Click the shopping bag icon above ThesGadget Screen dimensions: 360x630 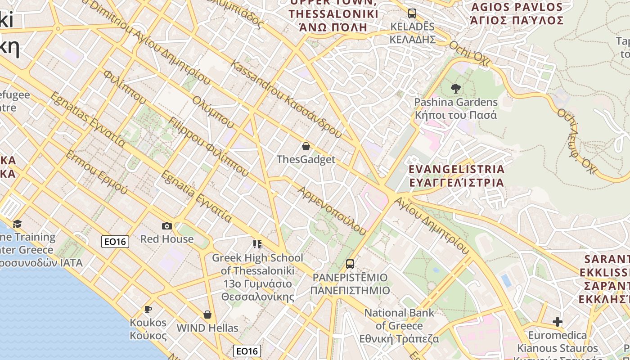tap(306, 146)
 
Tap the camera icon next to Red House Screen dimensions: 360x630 tap(166, 226)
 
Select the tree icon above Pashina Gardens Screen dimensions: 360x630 tap(456, 89)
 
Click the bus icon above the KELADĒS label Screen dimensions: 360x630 tap(412, 13)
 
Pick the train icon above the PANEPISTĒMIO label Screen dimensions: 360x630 tap(350, 264)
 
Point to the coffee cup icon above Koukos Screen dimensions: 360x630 tap(148, 309)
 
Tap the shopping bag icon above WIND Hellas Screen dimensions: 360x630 tap(207, 314)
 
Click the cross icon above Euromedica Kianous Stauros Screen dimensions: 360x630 tap(558, 322)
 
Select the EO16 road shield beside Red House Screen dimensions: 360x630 tap(115, 242)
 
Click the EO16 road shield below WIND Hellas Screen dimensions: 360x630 tap(247, 351)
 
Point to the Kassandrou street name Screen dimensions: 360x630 tap(286, 99)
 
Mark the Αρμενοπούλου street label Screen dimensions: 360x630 tap(332, 211)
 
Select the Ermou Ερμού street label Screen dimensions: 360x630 tap(96, 172)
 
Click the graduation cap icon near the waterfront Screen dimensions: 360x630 tap(17, 224)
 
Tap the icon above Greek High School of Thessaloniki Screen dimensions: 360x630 tap(257, 244)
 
